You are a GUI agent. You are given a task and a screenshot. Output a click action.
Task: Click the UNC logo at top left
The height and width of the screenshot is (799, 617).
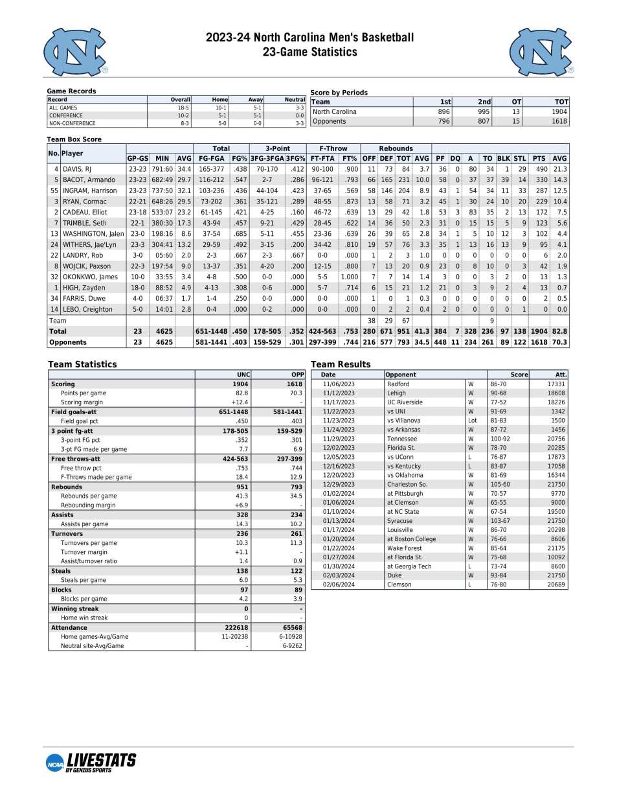tap(75, 52)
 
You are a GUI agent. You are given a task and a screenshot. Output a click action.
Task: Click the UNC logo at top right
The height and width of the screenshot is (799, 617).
tap(541, 52)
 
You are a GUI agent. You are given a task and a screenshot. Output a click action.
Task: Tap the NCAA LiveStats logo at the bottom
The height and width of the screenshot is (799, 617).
tap(91, 762)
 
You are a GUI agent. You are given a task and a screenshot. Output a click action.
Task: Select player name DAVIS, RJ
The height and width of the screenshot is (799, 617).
tap(77, 169)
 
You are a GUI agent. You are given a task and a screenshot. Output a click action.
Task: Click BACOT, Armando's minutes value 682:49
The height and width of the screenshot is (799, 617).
tap(162, 180)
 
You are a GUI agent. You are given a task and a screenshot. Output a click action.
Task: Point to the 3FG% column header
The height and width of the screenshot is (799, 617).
tap(296, 158)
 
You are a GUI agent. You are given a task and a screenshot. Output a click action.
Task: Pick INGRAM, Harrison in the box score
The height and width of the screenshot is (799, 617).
tap(89, 191)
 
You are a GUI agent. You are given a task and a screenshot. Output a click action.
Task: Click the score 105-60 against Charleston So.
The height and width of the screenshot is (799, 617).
tap(500, 484)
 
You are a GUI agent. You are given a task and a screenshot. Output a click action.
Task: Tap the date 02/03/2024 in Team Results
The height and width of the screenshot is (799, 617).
tap(339, 575)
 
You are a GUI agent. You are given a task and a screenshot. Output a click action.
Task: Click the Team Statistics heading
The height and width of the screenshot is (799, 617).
tap(82, 364)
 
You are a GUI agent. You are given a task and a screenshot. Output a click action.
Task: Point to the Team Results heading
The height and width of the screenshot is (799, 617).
tap(341, 364)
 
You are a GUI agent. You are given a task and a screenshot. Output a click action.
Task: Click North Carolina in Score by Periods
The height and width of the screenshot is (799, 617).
tap(334, 112)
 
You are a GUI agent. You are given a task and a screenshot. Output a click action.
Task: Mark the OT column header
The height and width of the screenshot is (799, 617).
tap(516, 102)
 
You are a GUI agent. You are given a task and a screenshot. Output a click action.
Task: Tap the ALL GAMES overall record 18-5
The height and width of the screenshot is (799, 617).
tap(183, 108)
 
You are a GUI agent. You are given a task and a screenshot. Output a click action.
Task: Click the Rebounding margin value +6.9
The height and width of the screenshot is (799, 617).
tap(241, 505)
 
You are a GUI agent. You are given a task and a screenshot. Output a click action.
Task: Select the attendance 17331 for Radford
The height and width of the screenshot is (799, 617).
tap(555, 384)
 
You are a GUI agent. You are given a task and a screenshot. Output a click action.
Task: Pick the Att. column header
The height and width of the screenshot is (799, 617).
tap(561, 375)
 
